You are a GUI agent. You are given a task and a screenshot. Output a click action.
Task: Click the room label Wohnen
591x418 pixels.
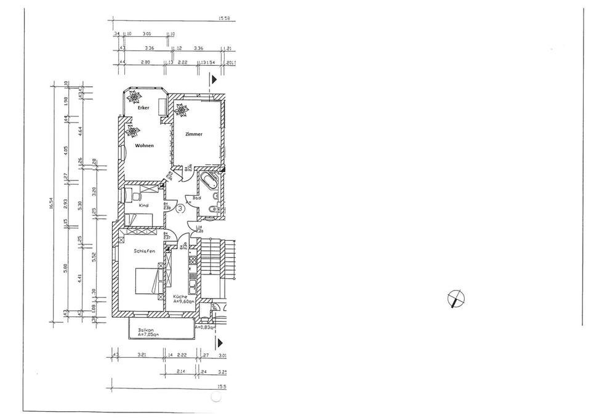click(x=145, y=146)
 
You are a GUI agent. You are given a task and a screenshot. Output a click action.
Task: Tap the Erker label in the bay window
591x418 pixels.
click(x=143, y=108)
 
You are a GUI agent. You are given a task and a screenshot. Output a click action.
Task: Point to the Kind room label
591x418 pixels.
click(x=143, y=206)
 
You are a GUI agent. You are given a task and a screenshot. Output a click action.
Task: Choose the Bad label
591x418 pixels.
click(x=196, y=198)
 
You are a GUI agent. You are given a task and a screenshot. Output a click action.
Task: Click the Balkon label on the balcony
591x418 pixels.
click(x=147, y=330)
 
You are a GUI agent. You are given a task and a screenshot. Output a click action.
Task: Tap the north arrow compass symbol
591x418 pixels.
click(x=456, y=299)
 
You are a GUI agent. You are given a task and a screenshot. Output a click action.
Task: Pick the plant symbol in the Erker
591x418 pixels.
click(x=134, y=97)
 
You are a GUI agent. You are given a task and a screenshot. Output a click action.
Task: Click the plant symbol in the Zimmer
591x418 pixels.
click(x=181, y=110)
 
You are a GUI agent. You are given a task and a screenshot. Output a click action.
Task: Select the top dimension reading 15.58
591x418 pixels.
click(x=223, y=18)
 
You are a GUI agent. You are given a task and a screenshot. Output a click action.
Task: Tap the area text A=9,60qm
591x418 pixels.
click(x=183, y=302)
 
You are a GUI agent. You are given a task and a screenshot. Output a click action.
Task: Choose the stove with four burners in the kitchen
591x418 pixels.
click(x=192, y=260)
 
